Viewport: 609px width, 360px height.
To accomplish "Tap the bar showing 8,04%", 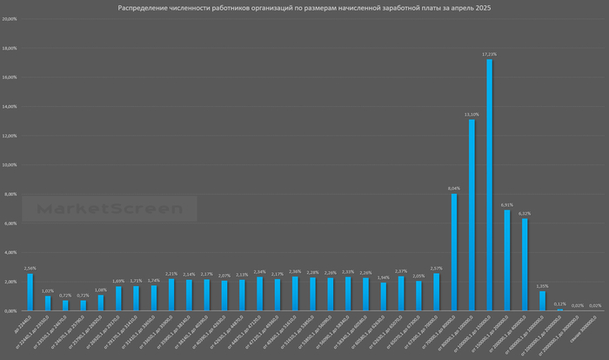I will (x=454, y=252).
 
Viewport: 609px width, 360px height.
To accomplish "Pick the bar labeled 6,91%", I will (x=507, y=260).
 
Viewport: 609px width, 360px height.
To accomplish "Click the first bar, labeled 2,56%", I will (x=30, y=292).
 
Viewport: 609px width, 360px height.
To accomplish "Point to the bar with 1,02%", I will (x=48, y=303).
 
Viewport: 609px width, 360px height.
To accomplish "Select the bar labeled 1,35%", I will (x=543, y=301).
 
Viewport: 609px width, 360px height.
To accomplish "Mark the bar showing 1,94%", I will (x=384, y=297).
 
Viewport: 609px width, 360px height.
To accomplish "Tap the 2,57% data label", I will (x=437, y=269).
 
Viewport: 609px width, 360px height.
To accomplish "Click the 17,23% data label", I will (x=490, y=54).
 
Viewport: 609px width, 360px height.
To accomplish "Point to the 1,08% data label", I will (x=101, y=290).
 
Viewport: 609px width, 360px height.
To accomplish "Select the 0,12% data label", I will (x=560, y=303).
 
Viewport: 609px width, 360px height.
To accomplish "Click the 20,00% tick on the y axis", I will (x=10, y=18).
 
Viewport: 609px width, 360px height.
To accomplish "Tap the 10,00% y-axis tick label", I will (x=10, y=164).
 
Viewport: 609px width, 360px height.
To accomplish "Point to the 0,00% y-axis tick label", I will (x=11, y=310).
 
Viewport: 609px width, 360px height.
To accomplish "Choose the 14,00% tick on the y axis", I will (x=10, y=106).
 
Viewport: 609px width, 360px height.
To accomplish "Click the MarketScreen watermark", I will (x=109, y=209).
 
